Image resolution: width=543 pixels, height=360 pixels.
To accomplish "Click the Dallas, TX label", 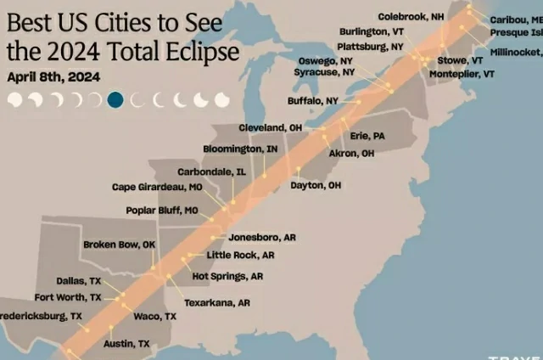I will pos(78,280).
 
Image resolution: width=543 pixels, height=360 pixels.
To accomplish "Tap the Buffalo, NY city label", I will pos(313,100).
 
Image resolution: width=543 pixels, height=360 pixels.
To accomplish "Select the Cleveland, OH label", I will pos(270,127).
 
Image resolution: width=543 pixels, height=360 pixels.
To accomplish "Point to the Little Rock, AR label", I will pos(241,255).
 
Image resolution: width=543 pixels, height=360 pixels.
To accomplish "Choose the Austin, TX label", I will pos(126,344).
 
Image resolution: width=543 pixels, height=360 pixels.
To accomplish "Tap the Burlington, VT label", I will pos(371,31).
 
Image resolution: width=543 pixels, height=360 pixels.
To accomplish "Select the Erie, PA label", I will pos(367,136).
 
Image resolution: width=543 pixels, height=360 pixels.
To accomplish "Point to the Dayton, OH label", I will pos(316,185).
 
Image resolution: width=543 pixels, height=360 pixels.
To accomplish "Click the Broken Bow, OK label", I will pos(120,245).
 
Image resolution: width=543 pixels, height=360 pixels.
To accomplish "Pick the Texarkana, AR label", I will pos(216,302).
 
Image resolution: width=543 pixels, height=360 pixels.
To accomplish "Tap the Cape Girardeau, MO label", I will pos(157,187).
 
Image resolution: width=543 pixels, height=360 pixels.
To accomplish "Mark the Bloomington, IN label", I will pos(240,149).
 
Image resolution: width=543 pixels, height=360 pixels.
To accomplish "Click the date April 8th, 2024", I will pos(53,76).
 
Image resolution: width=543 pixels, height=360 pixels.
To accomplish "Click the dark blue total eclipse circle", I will pos(115,100).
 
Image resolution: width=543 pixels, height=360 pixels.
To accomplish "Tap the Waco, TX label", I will pos(155,316).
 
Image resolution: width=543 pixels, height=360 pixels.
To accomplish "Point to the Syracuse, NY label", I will pos(324,73).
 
